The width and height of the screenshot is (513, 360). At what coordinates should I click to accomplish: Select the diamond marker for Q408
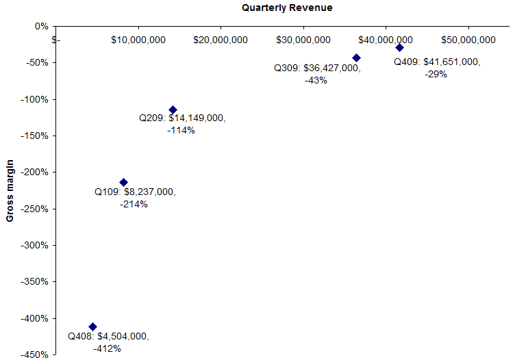coord(93,326)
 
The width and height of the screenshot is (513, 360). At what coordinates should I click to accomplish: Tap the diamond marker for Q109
coord(123,182)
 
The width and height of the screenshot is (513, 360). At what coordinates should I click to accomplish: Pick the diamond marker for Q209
coord(173,110)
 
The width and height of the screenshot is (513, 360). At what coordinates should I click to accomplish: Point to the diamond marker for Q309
coord(356,57)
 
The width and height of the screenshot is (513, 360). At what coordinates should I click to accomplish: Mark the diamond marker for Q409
coord(399,47)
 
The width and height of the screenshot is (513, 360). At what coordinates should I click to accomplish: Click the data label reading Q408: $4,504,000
coord(108,337)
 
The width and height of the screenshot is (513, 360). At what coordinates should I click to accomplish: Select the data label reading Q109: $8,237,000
coord(135,192)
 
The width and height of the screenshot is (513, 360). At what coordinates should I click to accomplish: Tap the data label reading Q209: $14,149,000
coord(182,118)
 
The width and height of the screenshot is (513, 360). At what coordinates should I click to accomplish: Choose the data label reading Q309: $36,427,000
coord(317,68)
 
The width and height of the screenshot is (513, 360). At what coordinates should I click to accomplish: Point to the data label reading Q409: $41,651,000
coord(436,62)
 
